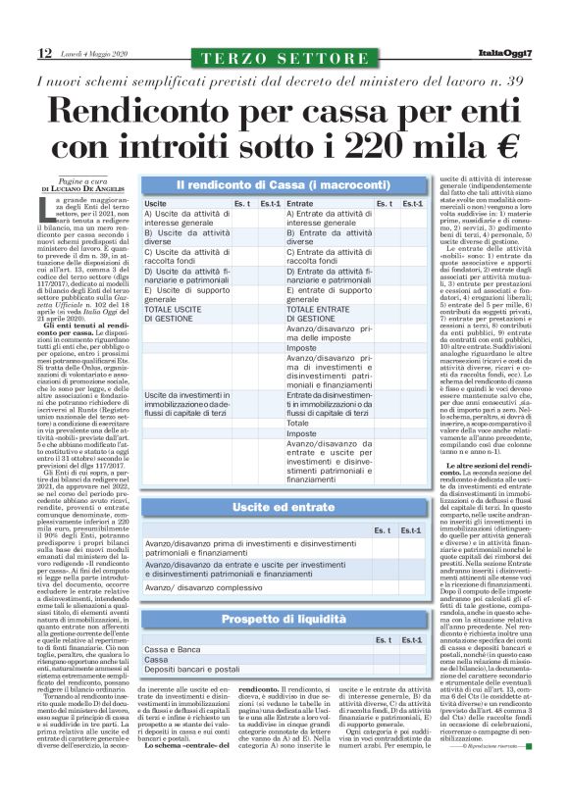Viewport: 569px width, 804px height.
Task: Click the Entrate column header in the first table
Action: tap(300, 203)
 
